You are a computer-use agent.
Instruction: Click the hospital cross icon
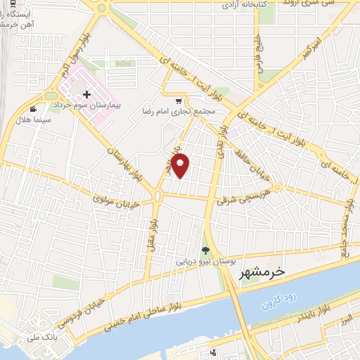[x=86, y=94]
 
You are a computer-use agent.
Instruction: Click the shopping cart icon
[x=185, y=101]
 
